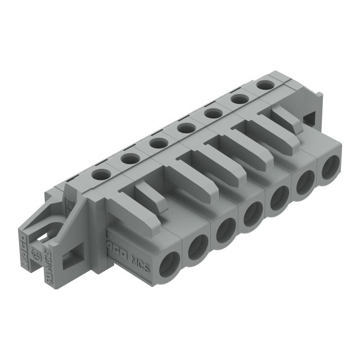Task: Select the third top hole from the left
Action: pyautogui.click(x=157, y=143)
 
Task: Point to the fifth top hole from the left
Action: pyautogui.click(x=212, y=113)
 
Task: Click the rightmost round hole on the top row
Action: pyautogui.click(x=264, y=84)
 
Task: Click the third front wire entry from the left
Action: pyautogui.click(x=226, y=230)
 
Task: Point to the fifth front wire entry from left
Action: pyautogui.click(x=280, y=197)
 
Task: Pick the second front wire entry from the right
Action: pyautogui.click(x=305, y=182)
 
